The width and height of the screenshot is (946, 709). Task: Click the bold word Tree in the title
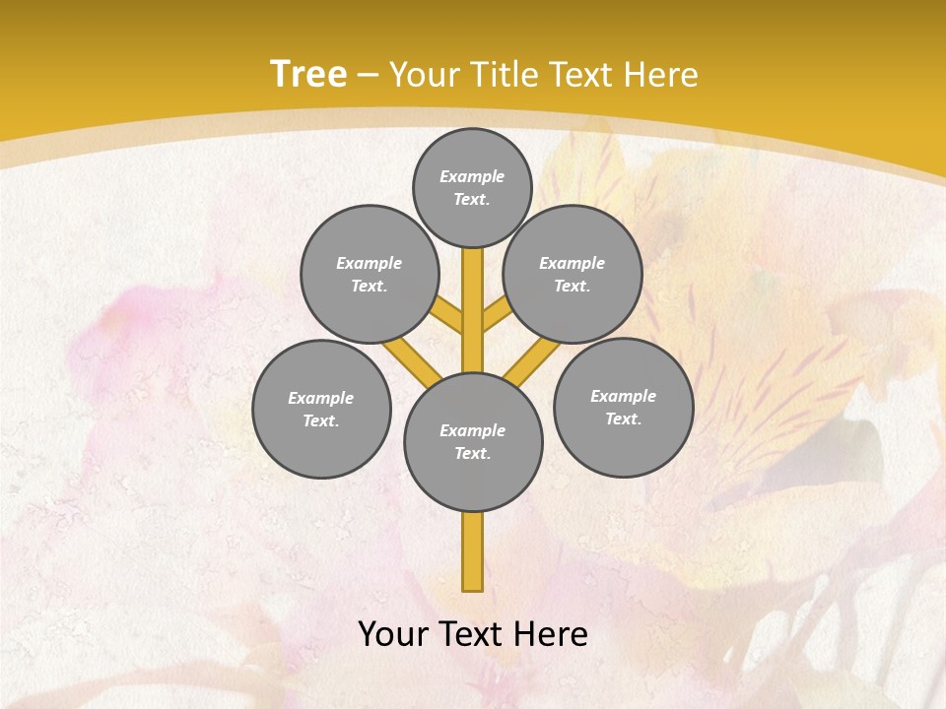(x=308, y=74)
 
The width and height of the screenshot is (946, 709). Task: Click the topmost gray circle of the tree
(x=472, y=187)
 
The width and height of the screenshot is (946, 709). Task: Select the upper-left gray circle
(x=370, y=274)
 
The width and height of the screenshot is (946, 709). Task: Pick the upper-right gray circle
(x=573, y=274)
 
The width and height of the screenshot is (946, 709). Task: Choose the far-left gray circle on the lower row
(x=321, y=409)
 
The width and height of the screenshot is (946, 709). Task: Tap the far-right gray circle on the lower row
(x=624, y=407)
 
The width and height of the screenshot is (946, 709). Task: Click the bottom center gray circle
(x=473, y=442)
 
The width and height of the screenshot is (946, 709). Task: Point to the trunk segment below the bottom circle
(x=473, y=551)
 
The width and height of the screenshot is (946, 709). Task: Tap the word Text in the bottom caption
(x=476, y=634)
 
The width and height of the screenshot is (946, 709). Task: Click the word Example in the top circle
(x=472, y=176)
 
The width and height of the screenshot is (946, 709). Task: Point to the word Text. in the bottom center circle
(x=472, y=454)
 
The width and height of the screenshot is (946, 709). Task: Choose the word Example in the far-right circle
(x=623, y=396)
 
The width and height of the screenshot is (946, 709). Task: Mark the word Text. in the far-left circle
(x=320, y=421)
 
